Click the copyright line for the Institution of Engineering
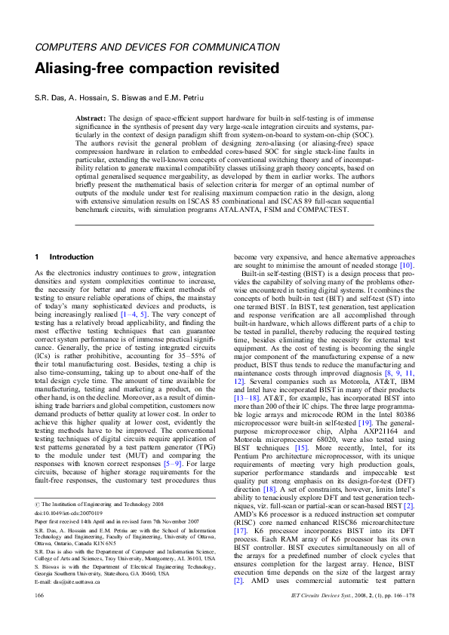tap(98, 505)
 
